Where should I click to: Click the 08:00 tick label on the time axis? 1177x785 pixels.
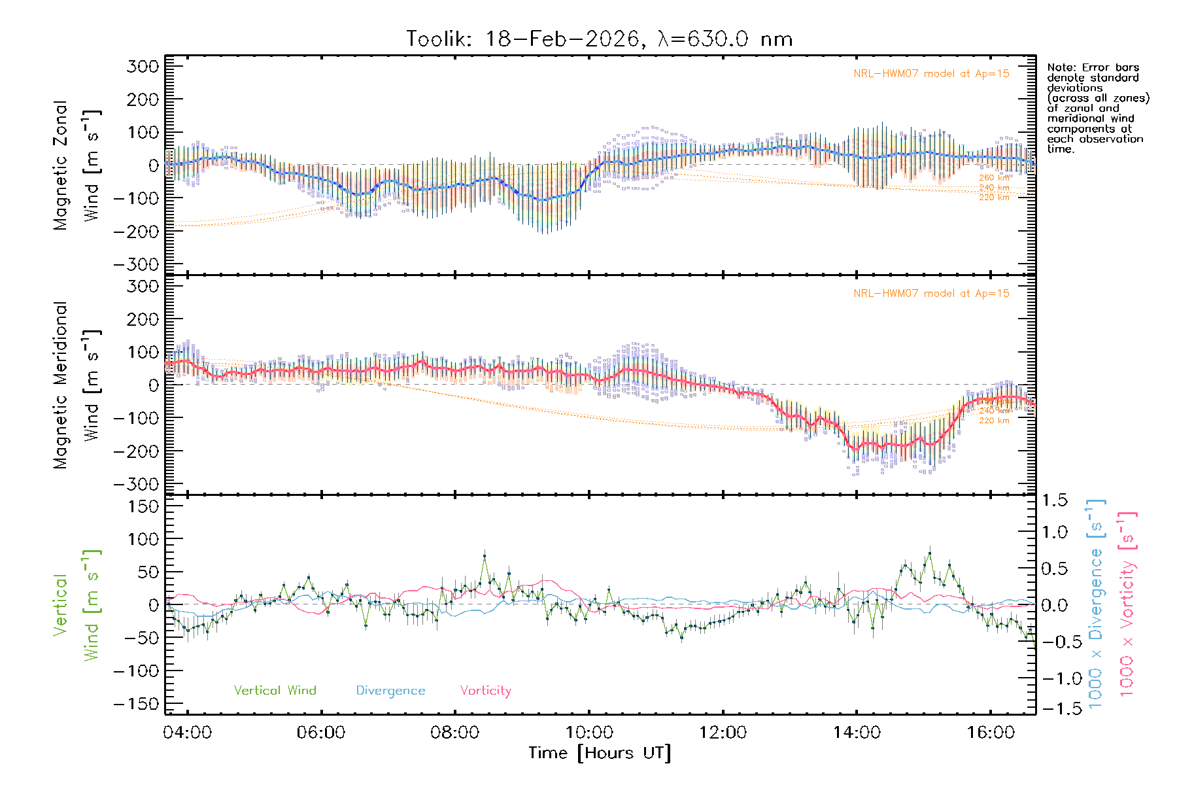454,732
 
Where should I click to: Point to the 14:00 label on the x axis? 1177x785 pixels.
857,732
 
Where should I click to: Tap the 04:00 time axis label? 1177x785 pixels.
187,732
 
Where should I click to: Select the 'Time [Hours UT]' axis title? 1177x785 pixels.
600,753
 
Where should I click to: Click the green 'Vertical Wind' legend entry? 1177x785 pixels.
275,691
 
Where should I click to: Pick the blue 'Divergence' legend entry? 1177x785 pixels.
390,691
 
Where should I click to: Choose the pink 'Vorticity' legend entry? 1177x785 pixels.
485,691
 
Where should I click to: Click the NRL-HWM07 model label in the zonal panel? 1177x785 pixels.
931,74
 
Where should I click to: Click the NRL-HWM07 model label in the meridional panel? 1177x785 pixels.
931,294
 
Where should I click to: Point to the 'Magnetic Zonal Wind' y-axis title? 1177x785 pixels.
77,165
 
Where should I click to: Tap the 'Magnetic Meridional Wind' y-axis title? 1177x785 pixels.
77,385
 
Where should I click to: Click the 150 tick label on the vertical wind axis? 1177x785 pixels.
143,506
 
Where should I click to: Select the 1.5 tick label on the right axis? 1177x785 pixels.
1054,500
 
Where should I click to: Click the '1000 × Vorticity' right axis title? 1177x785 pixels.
1127,604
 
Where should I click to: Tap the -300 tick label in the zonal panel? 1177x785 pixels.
135,264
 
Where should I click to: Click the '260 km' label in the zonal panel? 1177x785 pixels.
994,178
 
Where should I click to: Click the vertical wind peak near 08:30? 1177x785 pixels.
485,556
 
